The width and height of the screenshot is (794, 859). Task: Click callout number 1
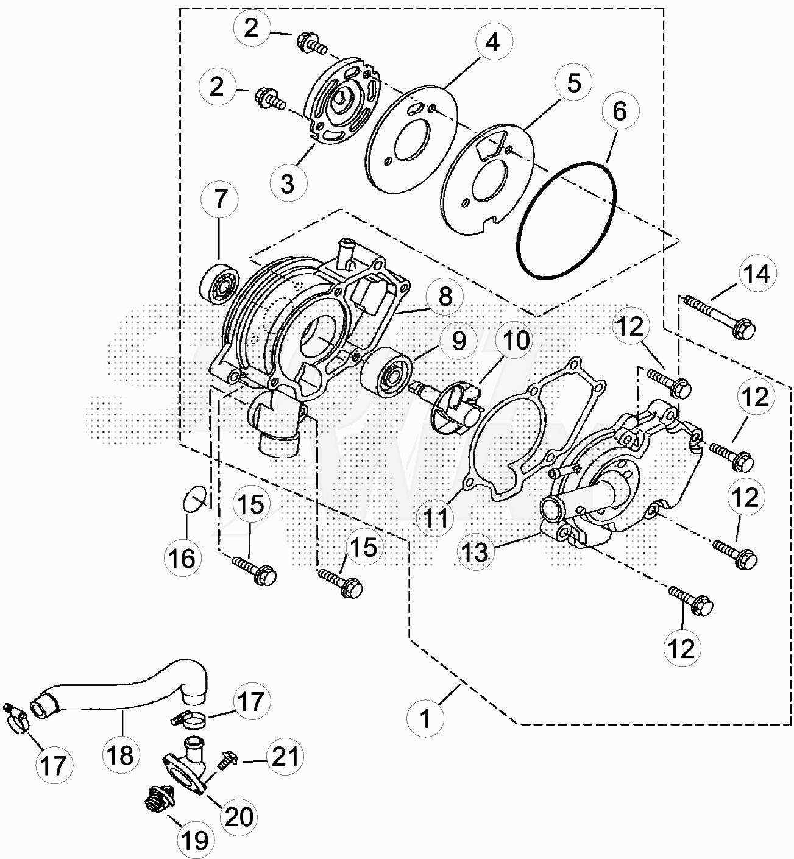[426, 718]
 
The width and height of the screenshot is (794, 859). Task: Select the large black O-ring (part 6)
[565, 221]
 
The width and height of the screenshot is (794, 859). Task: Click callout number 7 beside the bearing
[220, 199]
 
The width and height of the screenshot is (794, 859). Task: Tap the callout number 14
[757, 274]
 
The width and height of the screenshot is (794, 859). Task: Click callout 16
[183, 557]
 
